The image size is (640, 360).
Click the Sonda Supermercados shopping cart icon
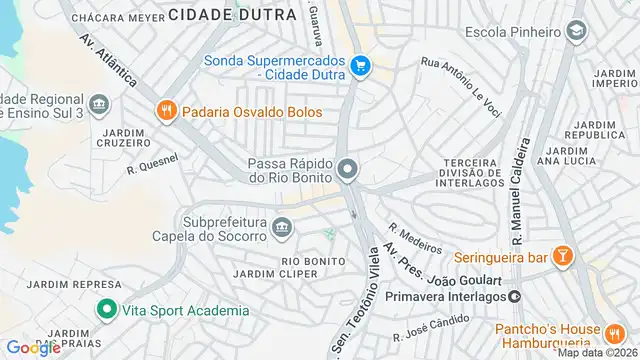tap(361, 68)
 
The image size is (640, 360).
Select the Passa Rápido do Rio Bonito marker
tap(347, 170)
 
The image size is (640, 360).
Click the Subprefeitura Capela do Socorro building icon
tap(282, 229)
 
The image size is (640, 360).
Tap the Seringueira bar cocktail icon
tap(564, 257)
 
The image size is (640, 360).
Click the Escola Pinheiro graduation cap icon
tap(576, 31)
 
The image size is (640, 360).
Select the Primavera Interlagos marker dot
tap(514, 296)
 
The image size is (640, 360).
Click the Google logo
tap(33, 347)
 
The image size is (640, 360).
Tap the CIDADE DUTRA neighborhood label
tap(233, 14)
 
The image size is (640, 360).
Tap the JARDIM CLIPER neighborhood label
tap(267, 274)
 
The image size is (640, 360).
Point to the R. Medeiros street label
tap(415, 237)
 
